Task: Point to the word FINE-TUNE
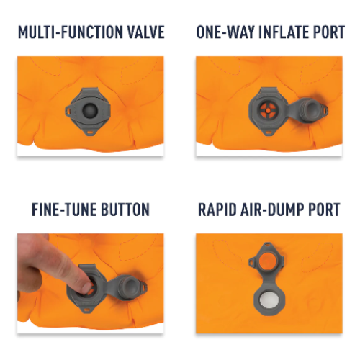(x=64, y=210)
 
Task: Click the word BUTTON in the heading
(x=125, y=210)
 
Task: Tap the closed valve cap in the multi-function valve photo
(x=90, y=110)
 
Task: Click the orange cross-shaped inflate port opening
(x=267, y=110)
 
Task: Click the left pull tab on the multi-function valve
(x=68, y=110)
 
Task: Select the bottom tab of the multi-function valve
(x=91, y=132)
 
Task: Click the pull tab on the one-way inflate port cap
(x=325, y=109)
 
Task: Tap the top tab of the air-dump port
(x=267, y=246)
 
